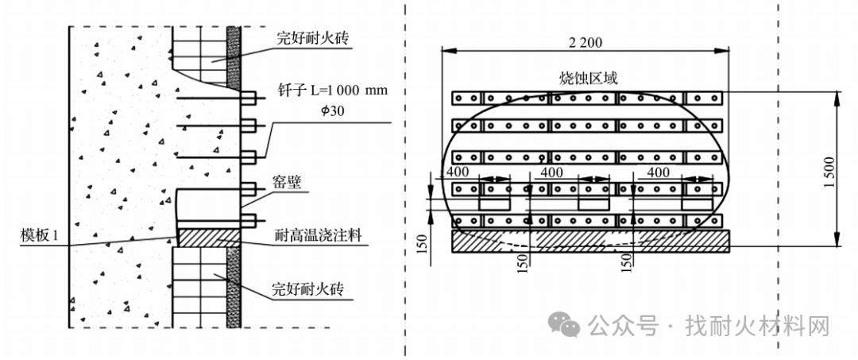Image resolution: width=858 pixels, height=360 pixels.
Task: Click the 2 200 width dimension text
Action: [586, 43]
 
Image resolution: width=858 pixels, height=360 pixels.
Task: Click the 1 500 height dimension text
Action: [830, 172]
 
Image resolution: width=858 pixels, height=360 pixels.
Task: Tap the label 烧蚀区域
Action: [585, 79]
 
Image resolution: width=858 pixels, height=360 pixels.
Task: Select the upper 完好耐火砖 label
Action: [313, 39]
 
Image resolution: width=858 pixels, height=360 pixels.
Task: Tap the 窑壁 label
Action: [286, 182]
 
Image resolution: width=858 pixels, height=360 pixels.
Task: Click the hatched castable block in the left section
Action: [208, 237]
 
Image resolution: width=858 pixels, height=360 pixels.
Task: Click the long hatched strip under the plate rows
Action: [590, 242]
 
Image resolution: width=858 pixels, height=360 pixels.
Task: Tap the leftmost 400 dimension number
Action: [456, 172]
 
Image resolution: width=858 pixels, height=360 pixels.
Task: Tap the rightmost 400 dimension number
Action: [658, 172]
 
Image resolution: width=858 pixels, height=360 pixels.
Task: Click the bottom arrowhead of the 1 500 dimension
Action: [837, 240]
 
